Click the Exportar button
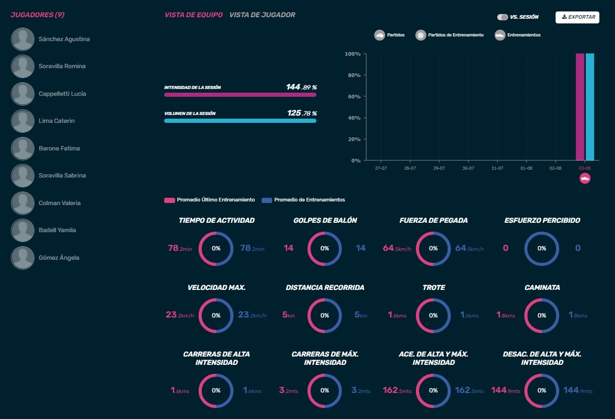[x=577, y=17]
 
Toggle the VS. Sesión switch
[x=502, y=17]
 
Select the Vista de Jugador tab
[x=262, y=15]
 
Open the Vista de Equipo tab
[x=193, y=15]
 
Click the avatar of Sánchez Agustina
[x=23, y=39]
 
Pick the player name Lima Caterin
[x=56, y=121]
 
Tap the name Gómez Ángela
[x=59, y=258]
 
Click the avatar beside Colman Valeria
[x=23, y=203]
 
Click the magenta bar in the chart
[x=580, y=107]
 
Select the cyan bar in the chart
[x=590, y=107]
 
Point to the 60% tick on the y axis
[x=354, y=97]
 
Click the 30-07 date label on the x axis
[x=468, y=169]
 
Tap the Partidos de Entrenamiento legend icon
[x=421, y=35]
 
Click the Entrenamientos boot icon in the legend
[x=500, y=35]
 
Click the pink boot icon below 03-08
[x=585, y=179]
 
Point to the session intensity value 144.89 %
[x=301, y=87]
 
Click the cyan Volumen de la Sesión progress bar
[x=240, y=121]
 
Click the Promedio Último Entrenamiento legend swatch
[x=169, y=200]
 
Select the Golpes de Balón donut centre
[x=325, y=249]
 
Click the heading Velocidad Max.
[x=216, y=287]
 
